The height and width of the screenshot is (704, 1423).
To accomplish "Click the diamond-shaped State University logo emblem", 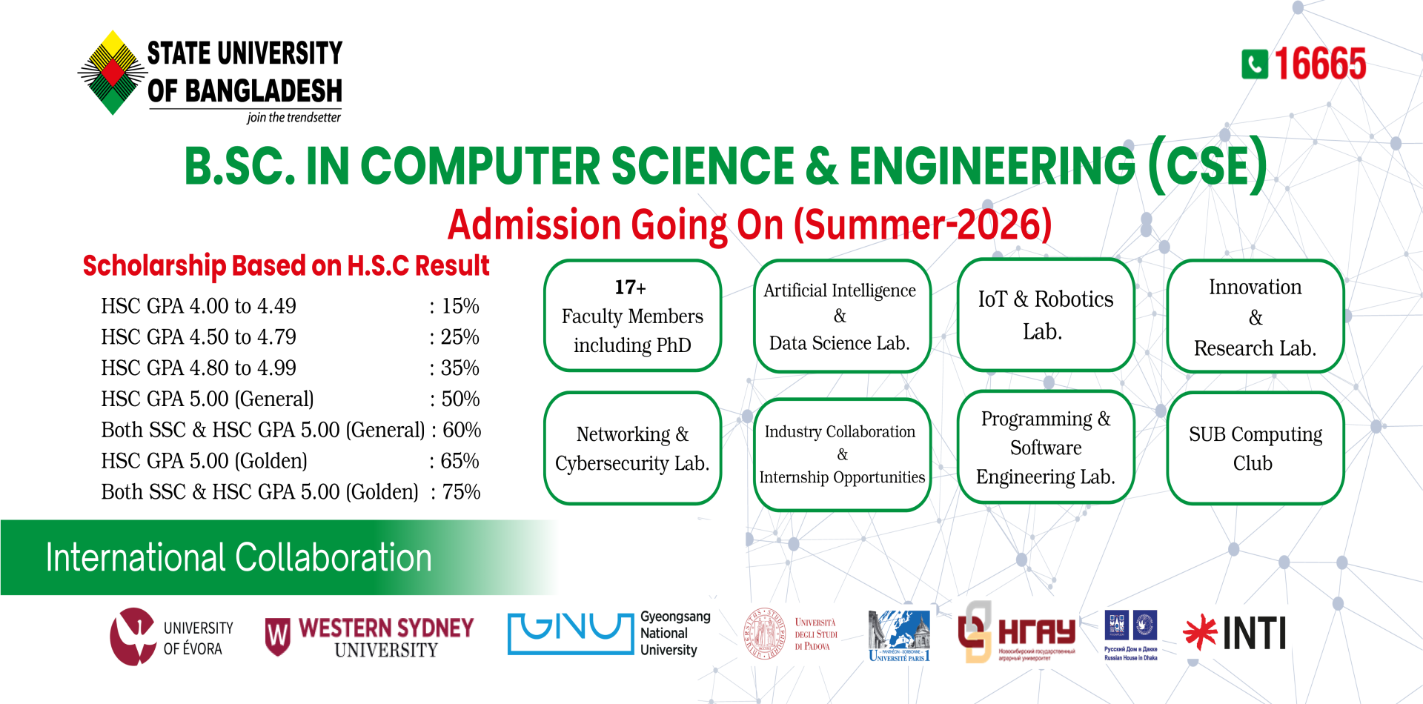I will click(113, 73).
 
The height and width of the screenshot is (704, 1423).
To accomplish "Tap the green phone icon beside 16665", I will click(1255, 64).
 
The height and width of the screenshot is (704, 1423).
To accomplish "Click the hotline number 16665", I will click(1321, 64).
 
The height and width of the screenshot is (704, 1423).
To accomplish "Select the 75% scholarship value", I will click(461, 492).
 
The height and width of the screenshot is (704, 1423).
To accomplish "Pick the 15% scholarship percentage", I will click(460, 306).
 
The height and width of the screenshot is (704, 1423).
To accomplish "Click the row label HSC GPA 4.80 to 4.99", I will click(199, 368).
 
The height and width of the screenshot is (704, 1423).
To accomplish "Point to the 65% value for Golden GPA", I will click(460, 461).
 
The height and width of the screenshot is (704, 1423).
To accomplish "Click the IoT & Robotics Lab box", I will click(1045, 315).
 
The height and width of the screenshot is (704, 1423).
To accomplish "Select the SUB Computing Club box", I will click(1255, 448).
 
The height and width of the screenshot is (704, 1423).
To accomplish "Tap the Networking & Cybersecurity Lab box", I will click(632, 448).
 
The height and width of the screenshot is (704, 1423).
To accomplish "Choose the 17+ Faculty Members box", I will click(632, 316).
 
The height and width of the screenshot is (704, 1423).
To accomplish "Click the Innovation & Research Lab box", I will click(1255, 316).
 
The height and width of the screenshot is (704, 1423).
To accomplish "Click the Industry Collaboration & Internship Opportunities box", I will click(841, 454).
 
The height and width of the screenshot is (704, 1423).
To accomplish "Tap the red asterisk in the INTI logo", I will click(1200, 632).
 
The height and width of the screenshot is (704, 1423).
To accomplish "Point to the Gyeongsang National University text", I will click(674, 634).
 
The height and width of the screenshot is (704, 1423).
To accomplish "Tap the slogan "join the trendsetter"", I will click(293, 118).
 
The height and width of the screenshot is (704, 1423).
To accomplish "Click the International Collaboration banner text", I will click(239, 557).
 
